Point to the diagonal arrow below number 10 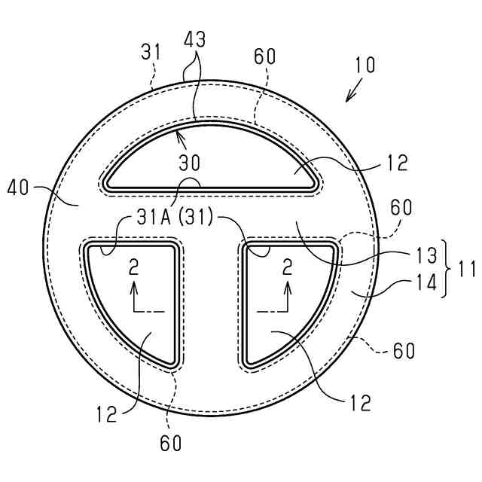[x=352, y=92]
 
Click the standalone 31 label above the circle [x=151, y=53]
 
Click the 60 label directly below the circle [x=172, y=444]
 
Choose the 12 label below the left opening [x=106, y=413]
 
